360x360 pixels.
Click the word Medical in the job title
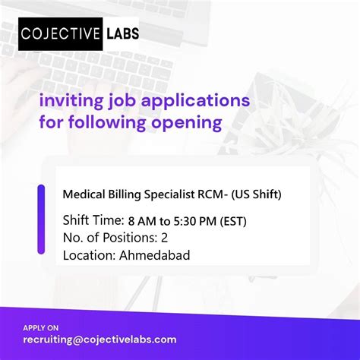click(x=84, y=194)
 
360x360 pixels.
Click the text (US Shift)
click(x=255, y=194)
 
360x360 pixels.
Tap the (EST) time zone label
click(x=243, y=221)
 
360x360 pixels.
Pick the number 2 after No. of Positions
click(x=166, y=238)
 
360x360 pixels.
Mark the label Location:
click(x=88, y=255)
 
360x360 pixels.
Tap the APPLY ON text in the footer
click(x=39, y=327)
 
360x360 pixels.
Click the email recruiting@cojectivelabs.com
click(x=99, y=339)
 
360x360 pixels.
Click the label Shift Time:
click(x=93, y=221)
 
